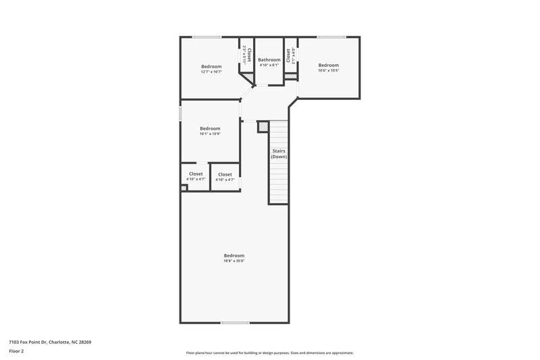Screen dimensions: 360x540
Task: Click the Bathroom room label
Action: click(x=269, y=60)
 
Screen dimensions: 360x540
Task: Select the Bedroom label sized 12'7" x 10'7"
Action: click(x=211, y=66)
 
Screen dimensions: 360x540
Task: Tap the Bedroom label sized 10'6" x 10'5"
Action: click(x=329, y=65)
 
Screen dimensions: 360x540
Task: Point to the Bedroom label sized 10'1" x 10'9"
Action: click(x=210, y=128)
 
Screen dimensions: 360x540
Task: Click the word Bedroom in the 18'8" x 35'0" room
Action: click(x=234, y=255)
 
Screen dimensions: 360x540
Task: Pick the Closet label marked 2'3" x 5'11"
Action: click(x=249, y=55)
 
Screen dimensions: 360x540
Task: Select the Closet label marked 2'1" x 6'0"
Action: click(x=288, y=55)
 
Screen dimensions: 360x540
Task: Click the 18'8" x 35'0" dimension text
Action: click(x=234, y=261)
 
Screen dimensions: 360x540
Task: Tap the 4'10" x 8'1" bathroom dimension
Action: click(x=269, y=66)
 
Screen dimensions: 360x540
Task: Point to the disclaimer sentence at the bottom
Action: click(x=269, y=353)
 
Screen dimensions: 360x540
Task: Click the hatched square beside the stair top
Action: click(x=263, y=126)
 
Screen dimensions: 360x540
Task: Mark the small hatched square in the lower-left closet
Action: click(x=184, y=188)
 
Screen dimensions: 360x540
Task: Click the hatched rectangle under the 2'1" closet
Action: click(x=290, y=76)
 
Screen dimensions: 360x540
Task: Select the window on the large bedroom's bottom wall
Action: click(x=234, y=322)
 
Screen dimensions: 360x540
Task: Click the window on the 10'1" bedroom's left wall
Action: click(x=180, y=113)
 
